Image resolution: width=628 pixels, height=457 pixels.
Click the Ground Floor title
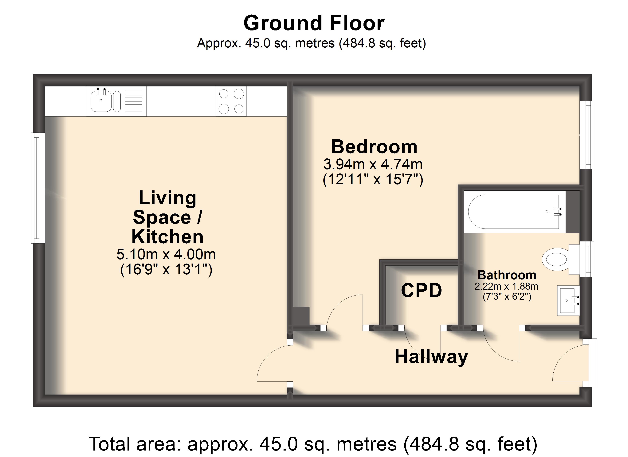coord(314,23)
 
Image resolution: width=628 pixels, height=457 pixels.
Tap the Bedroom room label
coord(374,147)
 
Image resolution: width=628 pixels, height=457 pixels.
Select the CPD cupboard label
coord(422,290)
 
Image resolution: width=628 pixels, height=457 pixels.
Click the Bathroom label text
coord(507,275)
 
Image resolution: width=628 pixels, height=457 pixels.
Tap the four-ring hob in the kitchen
coord(231,101)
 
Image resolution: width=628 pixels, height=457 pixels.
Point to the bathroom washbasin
coord(568,300)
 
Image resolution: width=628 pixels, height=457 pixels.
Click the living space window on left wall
coord(38,188)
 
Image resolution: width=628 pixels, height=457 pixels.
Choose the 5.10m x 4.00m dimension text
coord(166,254)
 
